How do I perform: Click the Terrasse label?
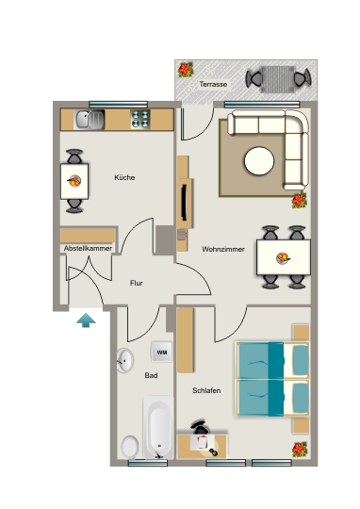pos(213,84)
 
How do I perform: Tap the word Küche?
pos(124,177)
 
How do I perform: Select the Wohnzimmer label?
pos(223,249)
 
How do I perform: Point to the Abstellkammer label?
pos(88,248)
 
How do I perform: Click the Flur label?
pos(137,283)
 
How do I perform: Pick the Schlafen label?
pos(206,390)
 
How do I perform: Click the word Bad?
pos(151,375)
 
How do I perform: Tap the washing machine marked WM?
pos(161,352)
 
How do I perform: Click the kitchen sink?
pos(89,120)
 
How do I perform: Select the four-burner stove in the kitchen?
pos(140,119)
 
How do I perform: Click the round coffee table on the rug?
pos(259,161)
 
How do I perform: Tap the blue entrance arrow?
pos(86,320)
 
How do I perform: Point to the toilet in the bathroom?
pos(130,448)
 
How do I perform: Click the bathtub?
pos(158,427)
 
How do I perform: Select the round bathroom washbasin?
pos(125,360)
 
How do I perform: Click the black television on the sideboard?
pos(184,203)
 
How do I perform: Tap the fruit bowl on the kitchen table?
pos(74,181)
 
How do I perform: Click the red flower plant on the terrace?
pos(186,70)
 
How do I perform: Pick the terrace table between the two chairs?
pos(278,79)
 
